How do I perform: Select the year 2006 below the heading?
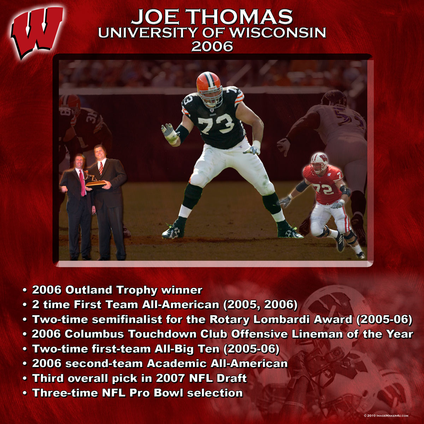click(x=212, y=46)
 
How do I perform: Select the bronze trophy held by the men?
click(x=94, y=181)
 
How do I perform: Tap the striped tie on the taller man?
click(x=101, y=168)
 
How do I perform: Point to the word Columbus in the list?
click(x=94, y=334)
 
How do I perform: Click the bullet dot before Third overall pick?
click(x=25, y=379)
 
